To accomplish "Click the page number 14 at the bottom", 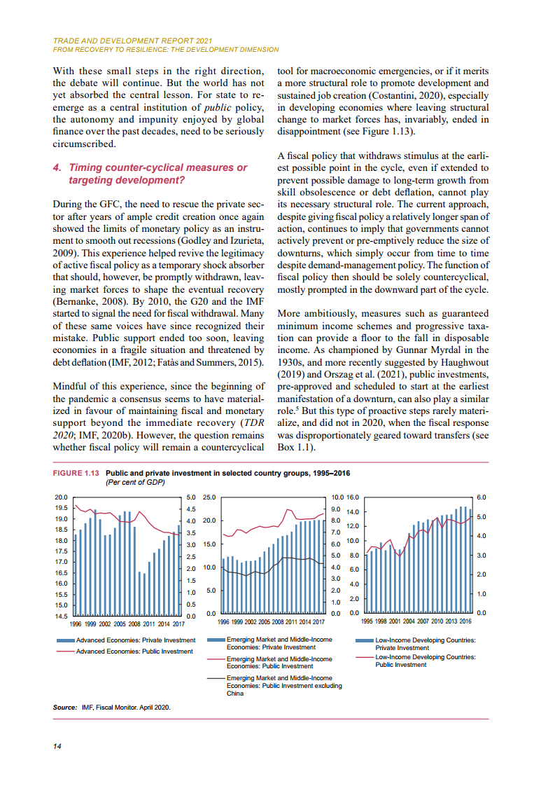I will point(57,746).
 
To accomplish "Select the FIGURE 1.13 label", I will point(77,474).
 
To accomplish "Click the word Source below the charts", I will point(64,707).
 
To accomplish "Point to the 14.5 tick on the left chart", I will point(62,616).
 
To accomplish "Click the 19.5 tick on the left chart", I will point(62,508).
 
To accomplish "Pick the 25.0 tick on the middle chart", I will point(210,497).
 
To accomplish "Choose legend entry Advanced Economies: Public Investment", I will point(134,651).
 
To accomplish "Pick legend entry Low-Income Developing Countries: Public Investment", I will point(425,661).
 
